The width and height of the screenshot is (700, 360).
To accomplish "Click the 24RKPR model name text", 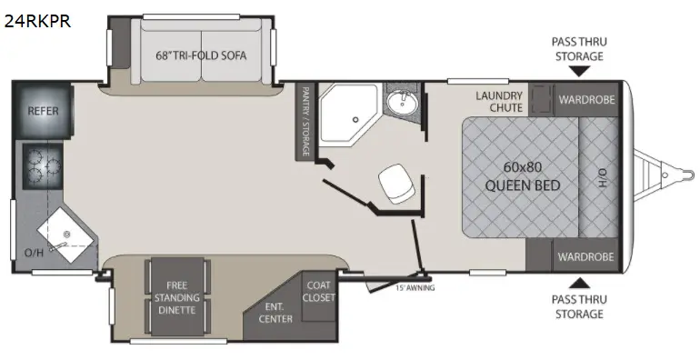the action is [37, 21].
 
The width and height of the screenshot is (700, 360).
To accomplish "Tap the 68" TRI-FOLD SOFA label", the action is [201, 55].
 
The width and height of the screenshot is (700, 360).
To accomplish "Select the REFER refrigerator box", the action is [44, 110].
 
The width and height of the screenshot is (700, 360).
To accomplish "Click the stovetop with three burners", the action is [44, 166].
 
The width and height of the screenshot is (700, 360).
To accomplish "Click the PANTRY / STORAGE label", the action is [305, 122].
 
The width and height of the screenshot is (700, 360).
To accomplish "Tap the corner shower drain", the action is [355, 120].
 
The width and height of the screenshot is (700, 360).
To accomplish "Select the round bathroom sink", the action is [402, 103].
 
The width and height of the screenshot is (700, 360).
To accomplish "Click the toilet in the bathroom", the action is [397, 183].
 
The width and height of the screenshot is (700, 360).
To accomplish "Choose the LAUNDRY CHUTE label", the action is [499, 102].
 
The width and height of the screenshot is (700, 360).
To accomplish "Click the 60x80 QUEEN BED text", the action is [523, 176].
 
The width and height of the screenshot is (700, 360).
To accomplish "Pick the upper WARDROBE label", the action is [586, 99].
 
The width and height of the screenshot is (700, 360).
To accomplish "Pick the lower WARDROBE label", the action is [585, 257].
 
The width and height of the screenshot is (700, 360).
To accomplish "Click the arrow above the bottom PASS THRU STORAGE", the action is [579, 283].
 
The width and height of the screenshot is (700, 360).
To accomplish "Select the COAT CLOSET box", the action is [319, 295].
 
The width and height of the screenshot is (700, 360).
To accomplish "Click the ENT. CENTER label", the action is [275, 313].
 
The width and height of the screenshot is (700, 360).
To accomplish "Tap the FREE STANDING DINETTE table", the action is [177, 297].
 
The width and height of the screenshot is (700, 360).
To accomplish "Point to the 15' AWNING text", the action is [415, 288].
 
